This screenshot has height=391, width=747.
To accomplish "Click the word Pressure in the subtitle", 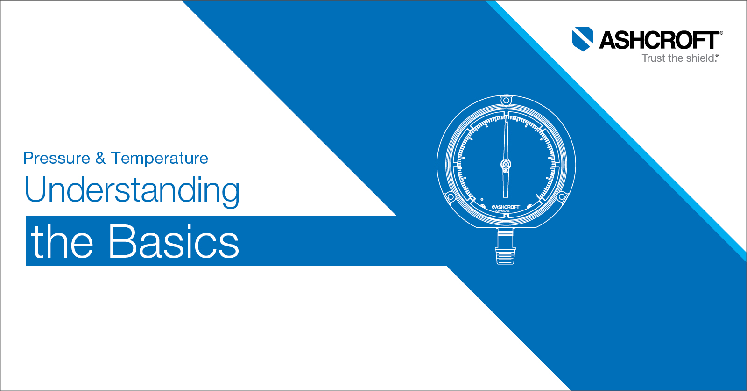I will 56,159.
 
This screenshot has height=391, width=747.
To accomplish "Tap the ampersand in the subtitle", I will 100,159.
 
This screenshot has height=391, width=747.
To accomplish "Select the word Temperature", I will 160,159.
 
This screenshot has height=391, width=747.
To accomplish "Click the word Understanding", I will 132,190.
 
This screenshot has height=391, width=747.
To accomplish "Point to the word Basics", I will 174,242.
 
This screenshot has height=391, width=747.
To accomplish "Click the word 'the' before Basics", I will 62,242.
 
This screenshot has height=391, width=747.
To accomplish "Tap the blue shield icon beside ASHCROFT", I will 583,39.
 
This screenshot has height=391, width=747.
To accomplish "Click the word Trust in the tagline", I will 653,58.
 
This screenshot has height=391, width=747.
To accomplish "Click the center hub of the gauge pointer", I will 506,165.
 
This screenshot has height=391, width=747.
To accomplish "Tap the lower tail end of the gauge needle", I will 506,195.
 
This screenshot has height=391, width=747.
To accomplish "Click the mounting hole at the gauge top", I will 506,101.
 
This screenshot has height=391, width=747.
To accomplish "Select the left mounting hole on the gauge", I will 451,197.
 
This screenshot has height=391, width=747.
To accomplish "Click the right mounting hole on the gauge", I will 561,197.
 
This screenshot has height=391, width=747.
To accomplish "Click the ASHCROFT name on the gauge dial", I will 506,207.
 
